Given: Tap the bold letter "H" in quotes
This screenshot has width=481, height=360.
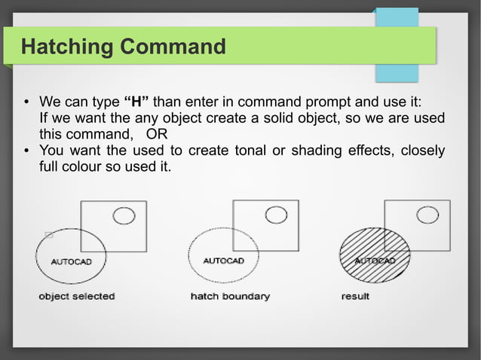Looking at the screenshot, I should pos(137,102).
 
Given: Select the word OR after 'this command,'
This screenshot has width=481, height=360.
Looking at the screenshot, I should pos(157,134).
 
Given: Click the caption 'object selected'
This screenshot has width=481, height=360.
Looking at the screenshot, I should pos(76,297).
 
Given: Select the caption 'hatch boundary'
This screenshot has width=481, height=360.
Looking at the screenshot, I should pos(229,297).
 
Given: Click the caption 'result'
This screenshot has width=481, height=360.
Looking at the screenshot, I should pos(355,297).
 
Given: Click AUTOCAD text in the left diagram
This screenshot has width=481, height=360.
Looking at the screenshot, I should pos(72,262).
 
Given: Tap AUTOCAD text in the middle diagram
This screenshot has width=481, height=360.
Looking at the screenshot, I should pos(224,261).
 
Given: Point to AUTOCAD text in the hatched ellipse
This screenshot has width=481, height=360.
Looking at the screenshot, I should pos(375,261).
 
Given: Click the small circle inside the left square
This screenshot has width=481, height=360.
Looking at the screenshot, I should pos(123,217).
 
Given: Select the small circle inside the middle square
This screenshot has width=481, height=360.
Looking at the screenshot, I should pos(275,215).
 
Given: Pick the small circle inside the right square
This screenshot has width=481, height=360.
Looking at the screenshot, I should pos(427,215).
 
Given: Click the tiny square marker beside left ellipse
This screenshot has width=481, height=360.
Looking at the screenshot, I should pos(49,235).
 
